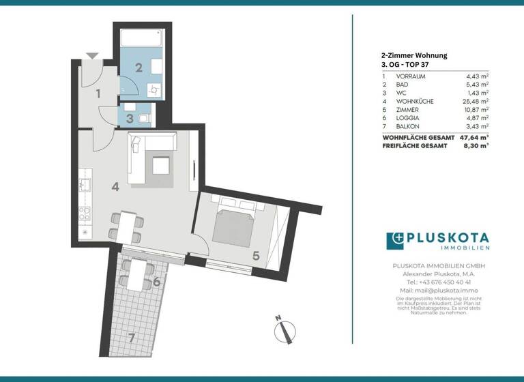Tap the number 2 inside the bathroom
coord(138,67)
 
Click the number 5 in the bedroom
coord(255,256)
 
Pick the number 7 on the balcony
coord(132,337)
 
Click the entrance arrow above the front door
coord(93,56)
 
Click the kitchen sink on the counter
coord(85,184)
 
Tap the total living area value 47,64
coord(472,137)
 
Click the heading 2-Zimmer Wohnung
coord(414,56)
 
